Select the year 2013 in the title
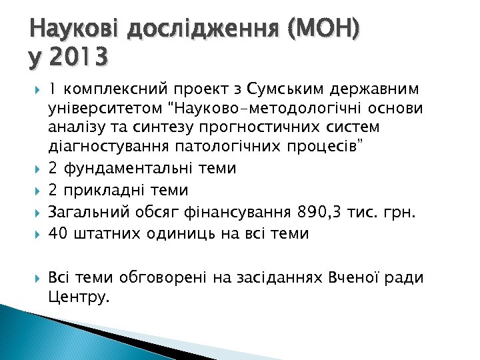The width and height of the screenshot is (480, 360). [78, 59]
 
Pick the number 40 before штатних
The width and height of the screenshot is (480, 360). [58, 233]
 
